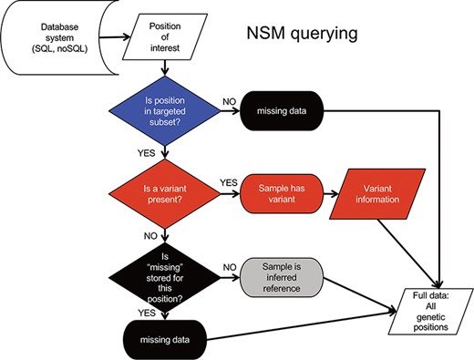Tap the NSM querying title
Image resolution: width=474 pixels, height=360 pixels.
point(306,35)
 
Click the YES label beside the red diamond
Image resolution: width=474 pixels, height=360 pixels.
point(229,181)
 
